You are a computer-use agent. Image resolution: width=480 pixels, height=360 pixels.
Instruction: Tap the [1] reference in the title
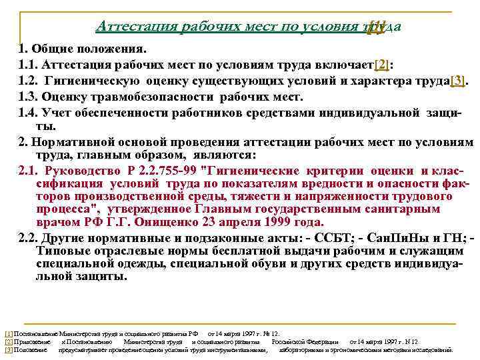click(376, 26)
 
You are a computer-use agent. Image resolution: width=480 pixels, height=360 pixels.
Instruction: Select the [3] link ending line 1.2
click(457, 81)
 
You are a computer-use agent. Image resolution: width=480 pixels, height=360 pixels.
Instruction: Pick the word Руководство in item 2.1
click(79, 172)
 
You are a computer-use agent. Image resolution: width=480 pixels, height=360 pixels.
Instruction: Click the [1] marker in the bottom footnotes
click(8, 333)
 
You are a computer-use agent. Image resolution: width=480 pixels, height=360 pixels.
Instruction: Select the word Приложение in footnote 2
click(32, 341)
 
